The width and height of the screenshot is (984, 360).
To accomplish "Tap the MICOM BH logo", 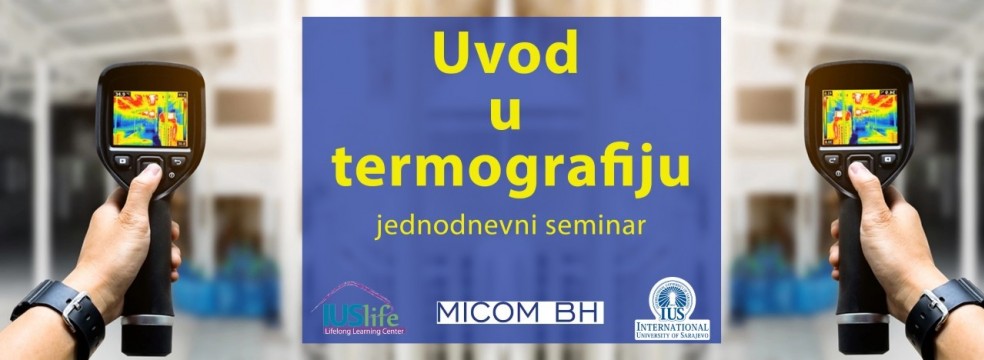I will point(520,312).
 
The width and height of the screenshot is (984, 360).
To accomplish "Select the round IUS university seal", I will point(671,298).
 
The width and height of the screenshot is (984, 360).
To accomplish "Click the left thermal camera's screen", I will point(147,118).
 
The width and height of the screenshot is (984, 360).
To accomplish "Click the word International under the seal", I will point(672,326).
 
